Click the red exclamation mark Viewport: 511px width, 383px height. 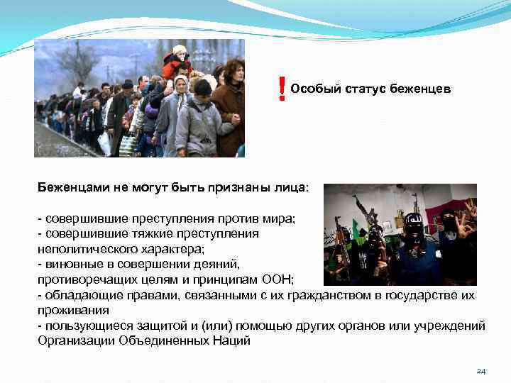[282, 89]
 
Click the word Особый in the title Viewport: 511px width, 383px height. [312, 88]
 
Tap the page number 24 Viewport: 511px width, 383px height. [480, 371]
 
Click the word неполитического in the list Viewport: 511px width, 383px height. [83, 249]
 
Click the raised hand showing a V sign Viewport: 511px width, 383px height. [471, 207]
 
